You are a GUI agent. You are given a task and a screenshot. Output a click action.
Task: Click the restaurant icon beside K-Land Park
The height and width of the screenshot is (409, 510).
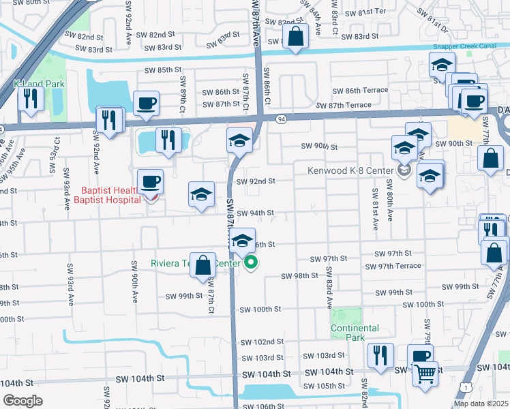[30, 97]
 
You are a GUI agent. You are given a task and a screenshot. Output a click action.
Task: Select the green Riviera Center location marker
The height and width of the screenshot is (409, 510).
[252, 262]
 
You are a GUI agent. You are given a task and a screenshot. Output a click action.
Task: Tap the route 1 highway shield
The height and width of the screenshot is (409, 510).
[465, 387]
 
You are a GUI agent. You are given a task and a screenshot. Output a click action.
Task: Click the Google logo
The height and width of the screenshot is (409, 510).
[22, 401]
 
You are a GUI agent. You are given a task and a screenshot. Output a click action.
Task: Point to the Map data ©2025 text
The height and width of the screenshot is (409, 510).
[481, 404]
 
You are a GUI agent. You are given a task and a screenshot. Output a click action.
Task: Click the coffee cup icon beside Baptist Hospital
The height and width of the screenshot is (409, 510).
[150, 181]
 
